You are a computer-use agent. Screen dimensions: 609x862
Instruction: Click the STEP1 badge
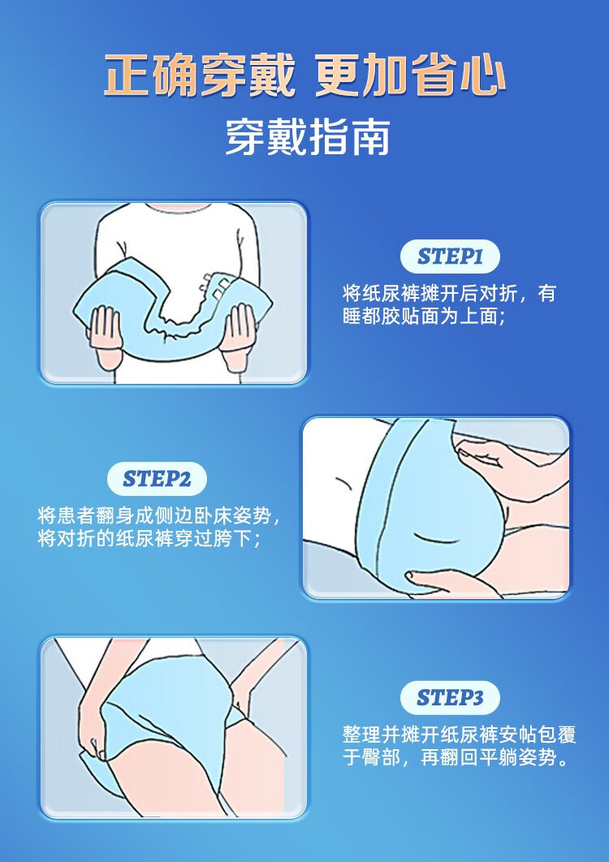point(450,256)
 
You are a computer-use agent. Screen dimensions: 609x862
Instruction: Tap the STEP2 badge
point(157,479)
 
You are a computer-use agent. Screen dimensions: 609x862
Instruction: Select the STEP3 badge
point(450,697)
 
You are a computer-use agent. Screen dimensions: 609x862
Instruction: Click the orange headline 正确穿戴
point(199,75)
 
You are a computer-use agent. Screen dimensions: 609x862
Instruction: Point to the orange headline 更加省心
point(410,75)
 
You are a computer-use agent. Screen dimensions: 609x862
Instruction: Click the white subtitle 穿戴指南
point(307,136)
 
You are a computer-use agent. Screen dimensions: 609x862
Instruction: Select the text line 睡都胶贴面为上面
point(424,317)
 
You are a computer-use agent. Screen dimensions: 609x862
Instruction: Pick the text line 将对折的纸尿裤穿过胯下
point(149,539)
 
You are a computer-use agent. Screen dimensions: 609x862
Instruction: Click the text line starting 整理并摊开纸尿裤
point(460,735)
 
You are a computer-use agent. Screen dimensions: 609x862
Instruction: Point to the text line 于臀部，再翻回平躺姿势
point(456,758)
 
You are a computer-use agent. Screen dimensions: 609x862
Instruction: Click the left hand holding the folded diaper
point(106,335)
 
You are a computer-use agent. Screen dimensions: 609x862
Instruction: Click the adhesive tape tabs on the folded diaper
point(215,286)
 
